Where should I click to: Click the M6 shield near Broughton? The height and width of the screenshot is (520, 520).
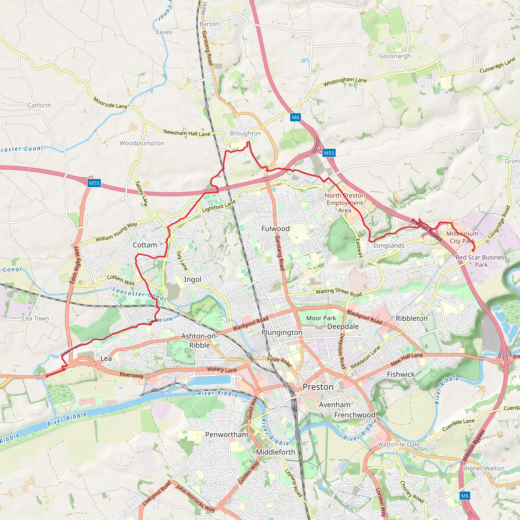(x=295, y=117)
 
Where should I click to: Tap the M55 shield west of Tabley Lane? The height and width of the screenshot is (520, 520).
(x=94, y=183)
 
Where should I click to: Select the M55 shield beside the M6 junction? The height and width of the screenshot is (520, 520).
(x=329, y=153)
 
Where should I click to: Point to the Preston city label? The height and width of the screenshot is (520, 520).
(x=318, y=387)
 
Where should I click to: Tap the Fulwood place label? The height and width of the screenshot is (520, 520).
(x=275, y=229)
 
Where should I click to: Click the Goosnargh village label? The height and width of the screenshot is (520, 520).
(x=395, y=56)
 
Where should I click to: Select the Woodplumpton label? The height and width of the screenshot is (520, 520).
(x=142, y=143)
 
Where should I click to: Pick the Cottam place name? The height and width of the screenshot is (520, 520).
(x=145, y=245)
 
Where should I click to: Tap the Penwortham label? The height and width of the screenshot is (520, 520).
(x=227, y=435)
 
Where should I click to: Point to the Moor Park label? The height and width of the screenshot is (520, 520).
(x=321, y=318)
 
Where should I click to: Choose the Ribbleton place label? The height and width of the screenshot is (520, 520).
(x=411, y=318)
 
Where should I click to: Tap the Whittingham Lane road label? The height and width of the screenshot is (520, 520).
(x=345, y=81)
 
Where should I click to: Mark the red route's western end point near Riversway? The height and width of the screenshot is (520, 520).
(x=47, y=376)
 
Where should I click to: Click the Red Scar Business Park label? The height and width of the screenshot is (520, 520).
(x=481, y=261)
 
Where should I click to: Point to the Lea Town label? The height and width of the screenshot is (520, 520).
(x=36, y=318)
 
